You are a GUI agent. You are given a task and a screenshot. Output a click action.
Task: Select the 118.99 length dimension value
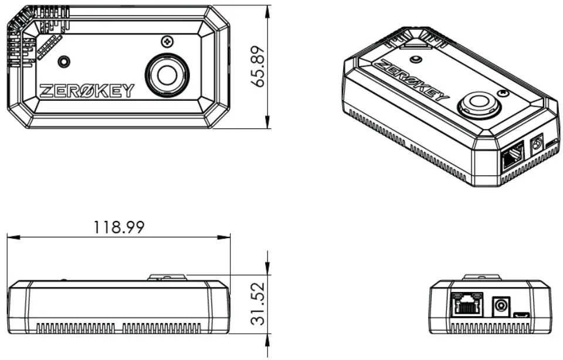pos(119,227)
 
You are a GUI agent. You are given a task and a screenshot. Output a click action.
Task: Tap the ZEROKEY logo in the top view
pos(87,91)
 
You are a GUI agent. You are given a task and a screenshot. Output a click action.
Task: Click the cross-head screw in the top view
pos(168,42)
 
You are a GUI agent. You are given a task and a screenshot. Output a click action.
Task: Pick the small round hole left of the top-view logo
pos(63,62)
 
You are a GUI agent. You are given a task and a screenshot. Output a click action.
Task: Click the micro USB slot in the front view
pos(521,317)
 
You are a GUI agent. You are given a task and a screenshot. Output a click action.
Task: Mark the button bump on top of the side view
pos(167,277)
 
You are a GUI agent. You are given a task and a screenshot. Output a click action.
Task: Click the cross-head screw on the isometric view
pos(502,93)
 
